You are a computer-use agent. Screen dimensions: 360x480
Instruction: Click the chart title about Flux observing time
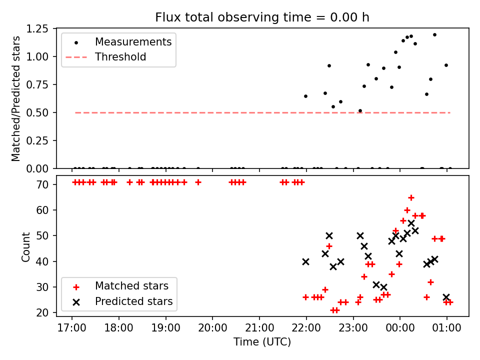click(262, 17)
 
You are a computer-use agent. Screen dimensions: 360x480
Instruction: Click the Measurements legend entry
click(133, 41)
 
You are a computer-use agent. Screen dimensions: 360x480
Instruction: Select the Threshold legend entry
click(120, 57)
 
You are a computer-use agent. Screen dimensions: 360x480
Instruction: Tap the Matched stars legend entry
click(131, 286)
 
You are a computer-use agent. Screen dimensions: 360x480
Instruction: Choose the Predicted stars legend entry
click(133, 301)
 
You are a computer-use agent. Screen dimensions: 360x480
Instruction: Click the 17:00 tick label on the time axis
click(72, 328)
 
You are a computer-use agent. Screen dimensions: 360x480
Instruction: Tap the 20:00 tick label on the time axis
click(212, 328)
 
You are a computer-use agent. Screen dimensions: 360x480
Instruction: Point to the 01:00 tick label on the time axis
click(446, 328)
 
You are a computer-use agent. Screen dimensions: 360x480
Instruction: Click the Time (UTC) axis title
click(262, 342)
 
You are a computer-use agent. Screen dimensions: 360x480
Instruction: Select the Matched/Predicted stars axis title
click(16, 98)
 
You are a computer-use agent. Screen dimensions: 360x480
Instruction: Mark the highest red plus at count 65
click(411, 197)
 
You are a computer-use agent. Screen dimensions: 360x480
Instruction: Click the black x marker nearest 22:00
click(306, 261)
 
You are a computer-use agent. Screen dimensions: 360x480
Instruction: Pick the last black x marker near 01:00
click(446, 297)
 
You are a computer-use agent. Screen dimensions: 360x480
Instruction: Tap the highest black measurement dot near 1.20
click(434, 35)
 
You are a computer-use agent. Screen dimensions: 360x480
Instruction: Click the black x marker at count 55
click(411, 223)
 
